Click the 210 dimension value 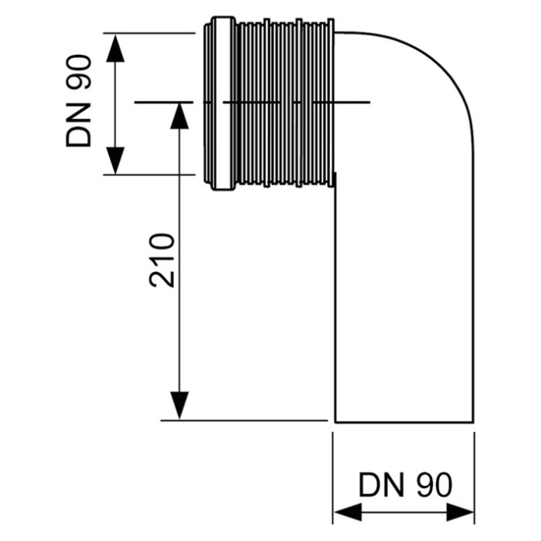coord(163,260)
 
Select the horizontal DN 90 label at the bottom coord(405,484)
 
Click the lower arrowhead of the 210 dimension coord(180,405)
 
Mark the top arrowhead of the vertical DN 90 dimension coord(115,47)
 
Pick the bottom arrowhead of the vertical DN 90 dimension coord(115,161)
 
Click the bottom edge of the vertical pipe coord(404,422)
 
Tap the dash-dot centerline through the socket coord(251,102)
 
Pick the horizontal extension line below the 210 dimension coord(243,421)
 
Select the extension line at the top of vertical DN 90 coord(149,33)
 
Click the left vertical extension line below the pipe coord(334,470)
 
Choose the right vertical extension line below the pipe coord(474,470)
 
